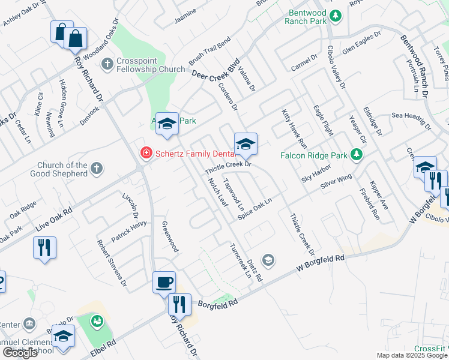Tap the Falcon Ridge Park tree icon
pyautogui.click(x=357, y=155)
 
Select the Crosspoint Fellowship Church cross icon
pyautogui.click(x=107, y=64)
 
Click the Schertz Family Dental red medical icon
pyautogui.click(x=145, y=154)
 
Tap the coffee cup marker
pyautogui.click(x=164, y=281)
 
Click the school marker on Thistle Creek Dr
pyautogui.click(x=245, y=144)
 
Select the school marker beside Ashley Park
pyautogui.click(x=167, y=124)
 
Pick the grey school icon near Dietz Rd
pyautogui.click(x=269, y=260)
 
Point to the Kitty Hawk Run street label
pyautogui.click(x=294, y=129)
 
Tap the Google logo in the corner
pyautogui.click(x=20, y=353)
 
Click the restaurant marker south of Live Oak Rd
pyautogui.click(x=44, y=247)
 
